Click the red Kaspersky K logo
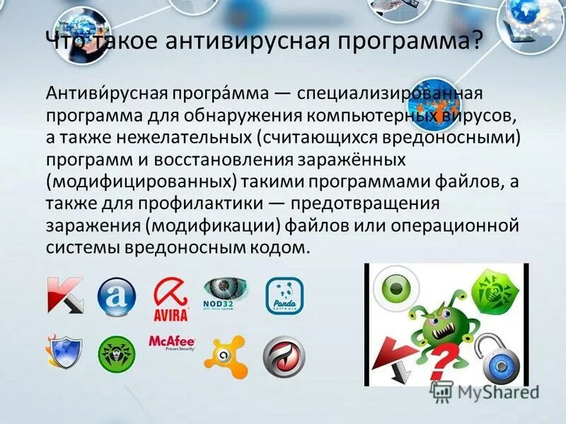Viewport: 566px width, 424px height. click(x=65, y=294)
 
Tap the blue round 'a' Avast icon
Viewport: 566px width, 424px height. click(x=117, y=296)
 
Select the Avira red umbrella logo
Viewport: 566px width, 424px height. click(x=171, y=298)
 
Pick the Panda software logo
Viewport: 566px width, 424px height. click(x=284, y=296)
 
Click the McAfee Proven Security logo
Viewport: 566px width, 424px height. click(x=171, y=343)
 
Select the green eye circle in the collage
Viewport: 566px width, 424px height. click(x=397, y=288)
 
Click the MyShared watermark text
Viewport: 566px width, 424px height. click(x=495, y=391)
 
